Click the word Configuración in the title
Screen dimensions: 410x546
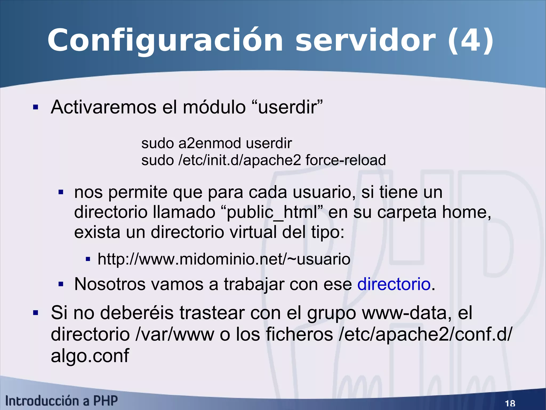point(165,41)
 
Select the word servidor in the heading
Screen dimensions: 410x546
point(365,41)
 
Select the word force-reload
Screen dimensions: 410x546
point(346,160)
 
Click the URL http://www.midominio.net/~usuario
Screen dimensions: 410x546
point(224,259)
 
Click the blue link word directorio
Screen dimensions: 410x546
point(394,284)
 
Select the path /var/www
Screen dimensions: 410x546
point(175,334)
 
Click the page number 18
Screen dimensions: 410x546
point(510,403)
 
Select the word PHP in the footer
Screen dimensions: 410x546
point(105,401)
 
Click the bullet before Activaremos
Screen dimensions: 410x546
point(36,107)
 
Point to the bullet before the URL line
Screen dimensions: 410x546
point(88,259)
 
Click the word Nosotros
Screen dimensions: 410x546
point(110,284)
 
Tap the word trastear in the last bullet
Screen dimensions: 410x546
point(212,313)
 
